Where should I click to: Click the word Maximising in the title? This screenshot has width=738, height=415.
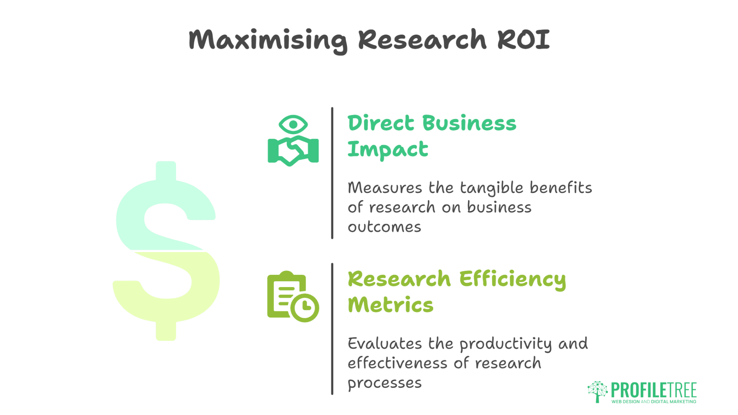pyautogui.click(x=268, y=40)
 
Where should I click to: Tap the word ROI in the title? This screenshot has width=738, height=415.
pyautogui.click(x=524, y=39)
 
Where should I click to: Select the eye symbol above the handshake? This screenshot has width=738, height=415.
pyautogui.click(x=293, y=124)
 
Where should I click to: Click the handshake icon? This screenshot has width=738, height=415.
pyautogui.click(x=293, y=151)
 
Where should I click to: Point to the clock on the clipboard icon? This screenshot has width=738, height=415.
pyautogui.click(x=305, y=307)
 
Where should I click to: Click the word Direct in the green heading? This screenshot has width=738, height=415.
pyautogui.click(x=381, y=123)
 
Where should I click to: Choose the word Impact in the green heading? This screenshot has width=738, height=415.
pyautogui.click(x=388, y=149)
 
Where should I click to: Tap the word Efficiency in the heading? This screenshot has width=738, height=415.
pyautogui.click(x=513, y=279)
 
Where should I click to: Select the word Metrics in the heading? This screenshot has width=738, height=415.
pyautogui.click(x=391, y=305)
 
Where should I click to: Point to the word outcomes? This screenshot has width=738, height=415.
pyautogui.click(x=384, y=227)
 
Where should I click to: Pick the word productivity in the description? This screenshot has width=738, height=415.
pyautogui.click(x=505, y=344)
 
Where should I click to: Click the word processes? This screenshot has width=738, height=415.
pyautogui.click(x=384, y=383)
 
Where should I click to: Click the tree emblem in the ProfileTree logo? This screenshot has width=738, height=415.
pyautogui.click(x=597, y=392)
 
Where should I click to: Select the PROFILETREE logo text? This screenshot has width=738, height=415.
pyautogui.click(x=654, y=390)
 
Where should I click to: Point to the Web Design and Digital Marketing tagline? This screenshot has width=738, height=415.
pyautogui.click(x=654, y=402)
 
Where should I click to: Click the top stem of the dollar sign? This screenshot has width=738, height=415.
pyautogui.click(x=166, y=171)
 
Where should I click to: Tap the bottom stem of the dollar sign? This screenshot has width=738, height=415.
pyautogui.click(x=166, y=330)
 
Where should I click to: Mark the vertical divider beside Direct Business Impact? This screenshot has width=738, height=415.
pyautogui.click(x=332, y=173)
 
